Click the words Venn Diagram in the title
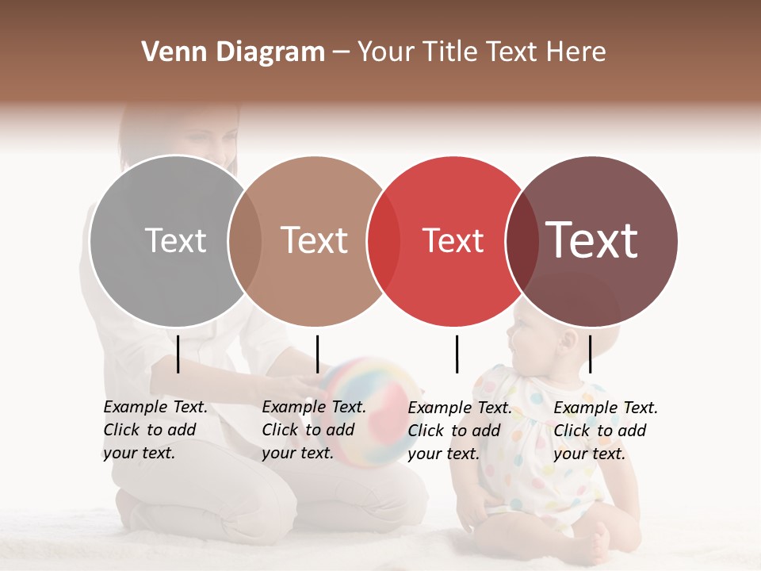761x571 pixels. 233,52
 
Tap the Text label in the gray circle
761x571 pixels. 175,240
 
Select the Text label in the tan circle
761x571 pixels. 315,240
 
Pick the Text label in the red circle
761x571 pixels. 453,240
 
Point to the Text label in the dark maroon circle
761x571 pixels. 591,240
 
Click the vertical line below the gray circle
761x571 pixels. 178,354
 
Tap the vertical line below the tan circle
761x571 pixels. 317,354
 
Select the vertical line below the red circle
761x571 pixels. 457,354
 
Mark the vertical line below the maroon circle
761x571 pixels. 590,354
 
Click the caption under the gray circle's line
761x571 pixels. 155,430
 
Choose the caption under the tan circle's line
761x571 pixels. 314,430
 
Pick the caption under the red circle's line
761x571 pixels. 460,431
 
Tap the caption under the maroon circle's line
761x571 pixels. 606,431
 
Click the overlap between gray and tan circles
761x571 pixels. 245,241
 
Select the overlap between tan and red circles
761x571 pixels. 384,241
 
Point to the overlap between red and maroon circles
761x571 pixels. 522,241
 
